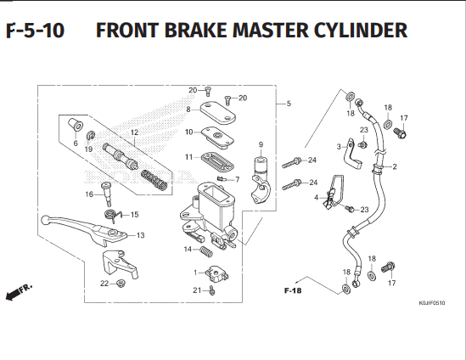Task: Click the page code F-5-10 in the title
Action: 35,32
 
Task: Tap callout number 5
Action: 289,104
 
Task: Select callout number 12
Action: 133,132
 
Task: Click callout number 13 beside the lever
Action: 140,235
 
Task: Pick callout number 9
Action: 261,144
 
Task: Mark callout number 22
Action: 104,283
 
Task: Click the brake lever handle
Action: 76,229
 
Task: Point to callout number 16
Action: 89,194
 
